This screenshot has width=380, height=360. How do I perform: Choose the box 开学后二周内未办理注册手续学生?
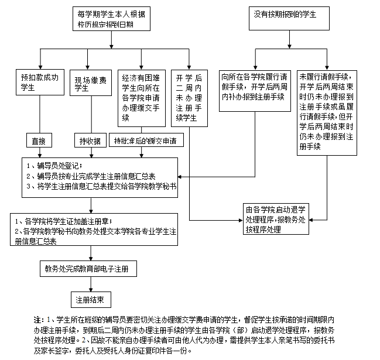click(189, 97)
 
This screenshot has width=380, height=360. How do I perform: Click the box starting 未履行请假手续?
click(327, 112)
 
